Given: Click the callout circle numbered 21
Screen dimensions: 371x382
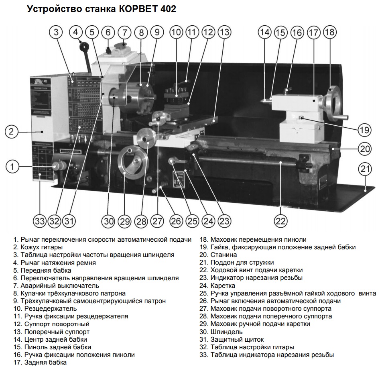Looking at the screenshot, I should pos(364,169).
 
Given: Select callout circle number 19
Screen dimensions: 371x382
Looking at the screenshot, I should pos(364,130).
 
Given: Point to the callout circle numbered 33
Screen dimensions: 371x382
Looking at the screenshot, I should pos(40,221).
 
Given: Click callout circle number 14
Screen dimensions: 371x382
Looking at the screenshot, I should pos(264,33).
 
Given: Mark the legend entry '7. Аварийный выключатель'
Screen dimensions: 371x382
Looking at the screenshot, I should pos(56,285).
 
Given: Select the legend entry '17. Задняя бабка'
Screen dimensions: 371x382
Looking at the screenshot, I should pos(41,363).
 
